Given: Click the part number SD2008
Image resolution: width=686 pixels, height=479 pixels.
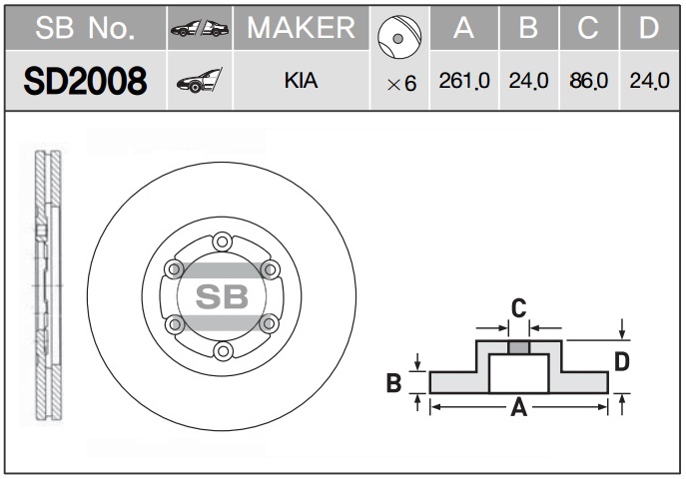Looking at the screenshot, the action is click(85, 81).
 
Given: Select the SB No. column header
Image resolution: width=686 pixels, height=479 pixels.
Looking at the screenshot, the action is click(85, 28).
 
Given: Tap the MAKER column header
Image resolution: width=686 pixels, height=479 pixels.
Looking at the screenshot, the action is click(301, 28).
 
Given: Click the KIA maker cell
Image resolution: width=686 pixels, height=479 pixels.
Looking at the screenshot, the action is click(301, 81).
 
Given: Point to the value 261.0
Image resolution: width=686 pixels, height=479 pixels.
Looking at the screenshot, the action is click(464, 81).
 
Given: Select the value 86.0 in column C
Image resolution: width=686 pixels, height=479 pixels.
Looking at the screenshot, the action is click(588, 81).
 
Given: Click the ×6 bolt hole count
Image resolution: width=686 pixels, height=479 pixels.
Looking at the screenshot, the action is click(401, 84).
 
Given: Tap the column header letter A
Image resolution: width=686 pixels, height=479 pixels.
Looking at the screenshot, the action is click(463, 28).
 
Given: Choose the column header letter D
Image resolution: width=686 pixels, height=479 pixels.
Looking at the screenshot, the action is click(649, 28).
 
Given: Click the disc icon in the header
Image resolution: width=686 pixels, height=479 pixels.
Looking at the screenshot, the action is click(399, 37).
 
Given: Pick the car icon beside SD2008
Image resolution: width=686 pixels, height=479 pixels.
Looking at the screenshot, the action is click(200, 81).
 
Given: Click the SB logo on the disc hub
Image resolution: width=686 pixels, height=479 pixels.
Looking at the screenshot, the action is click(222, 296).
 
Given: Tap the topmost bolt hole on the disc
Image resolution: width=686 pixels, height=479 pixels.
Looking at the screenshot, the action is click(222, 241).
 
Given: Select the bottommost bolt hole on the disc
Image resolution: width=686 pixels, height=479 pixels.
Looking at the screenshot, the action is click(223, 351).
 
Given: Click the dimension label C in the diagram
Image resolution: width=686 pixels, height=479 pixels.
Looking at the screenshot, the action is click(519, 308).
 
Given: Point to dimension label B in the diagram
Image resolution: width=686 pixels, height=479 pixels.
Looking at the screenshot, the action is click(393, 383).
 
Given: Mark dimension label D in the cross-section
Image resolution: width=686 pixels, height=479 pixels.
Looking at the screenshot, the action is click(622, 362).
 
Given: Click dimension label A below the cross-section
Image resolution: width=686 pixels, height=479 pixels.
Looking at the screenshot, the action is click(519, 408).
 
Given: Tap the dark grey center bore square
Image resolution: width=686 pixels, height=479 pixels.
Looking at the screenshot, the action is click(519, 348).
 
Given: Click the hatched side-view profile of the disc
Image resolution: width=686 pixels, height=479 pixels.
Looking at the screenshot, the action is click(48, 285).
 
